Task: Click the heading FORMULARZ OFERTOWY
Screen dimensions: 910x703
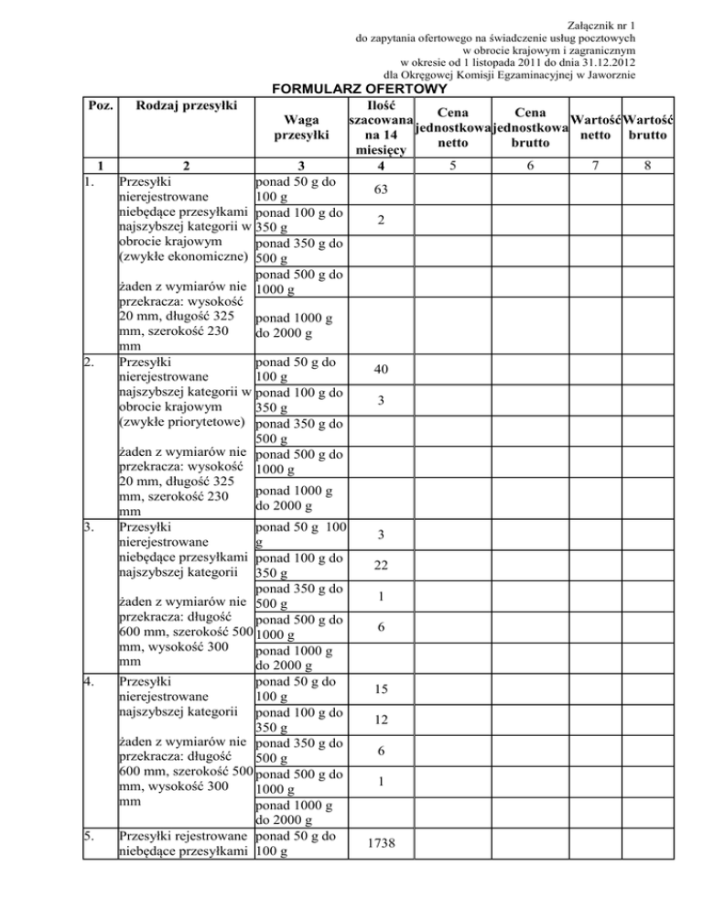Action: [356, 89]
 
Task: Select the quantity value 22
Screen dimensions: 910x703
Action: [384, 567]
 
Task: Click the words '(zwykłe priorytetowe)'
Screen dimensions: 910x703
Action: [184, 422]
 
